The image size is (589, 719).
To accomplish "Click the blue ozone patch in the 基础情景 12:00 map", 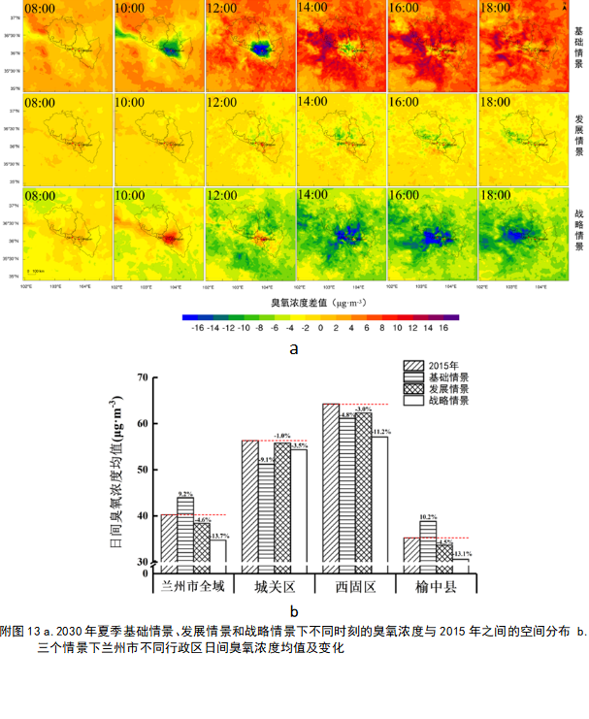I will click(x=259, y=47).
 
